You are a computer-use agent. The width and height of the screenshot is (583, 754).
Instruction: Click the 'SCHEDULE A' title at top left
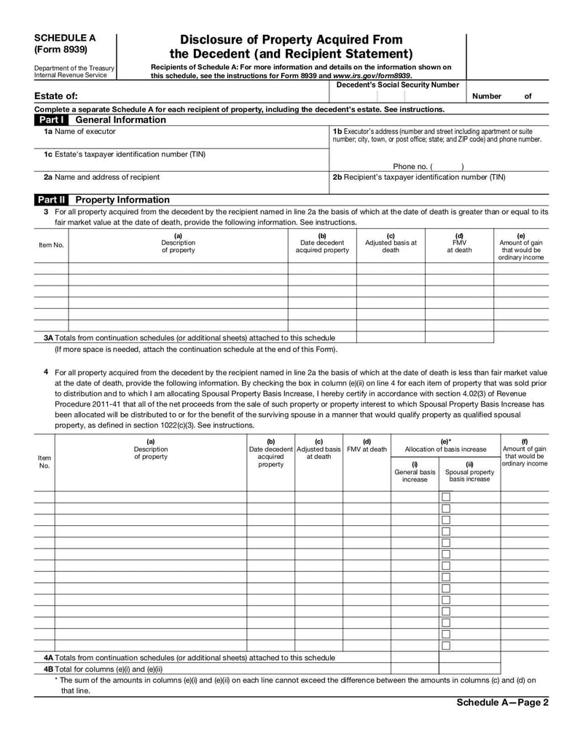point(65,38)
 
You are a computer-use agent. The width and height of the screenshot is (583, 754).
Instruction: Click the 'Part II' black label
point(52,200)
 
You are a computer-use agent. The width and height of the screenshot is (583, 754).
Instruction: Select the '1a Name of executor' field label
point(79,132)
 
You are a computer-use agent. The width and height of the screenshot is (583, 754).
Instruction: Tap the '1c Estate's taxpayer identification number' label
point(125,154)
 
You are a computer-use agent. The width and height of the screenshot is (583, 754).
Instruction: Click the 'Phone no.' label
point(410,166)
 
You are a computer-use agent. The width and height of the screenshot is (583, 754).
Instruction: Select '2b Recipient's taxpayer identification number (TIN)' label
point(419,177)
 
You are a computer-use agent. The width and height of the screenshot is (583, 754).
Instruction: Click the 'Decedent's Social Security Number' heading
point(398,85)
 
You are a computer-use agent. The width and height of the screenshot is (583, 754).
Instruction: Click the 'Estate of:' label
point(56,96)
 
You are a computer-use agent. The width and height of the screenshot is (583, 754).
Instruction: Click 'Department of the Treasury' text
point(74,68)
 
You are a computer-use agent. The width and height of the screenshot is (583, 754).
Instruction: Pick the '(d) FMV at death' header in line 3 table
point(459,243)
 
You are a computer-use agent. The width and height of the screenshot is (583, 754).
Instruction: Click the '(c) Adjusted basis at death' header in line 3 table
point(391,243)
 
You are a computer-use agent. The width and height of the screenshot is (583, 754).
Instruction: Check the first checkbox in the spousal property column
point(446,497)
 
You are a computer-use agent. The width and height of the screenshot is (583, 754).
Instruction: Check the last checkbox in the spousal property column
point(446,645)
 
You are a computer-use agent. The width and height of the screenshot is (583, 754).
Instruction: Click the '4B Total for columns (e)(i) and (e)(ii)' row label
point(103,669)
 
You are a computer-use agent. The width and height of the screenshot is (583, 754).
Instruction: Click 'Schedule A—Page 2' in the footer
point(502,703)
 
